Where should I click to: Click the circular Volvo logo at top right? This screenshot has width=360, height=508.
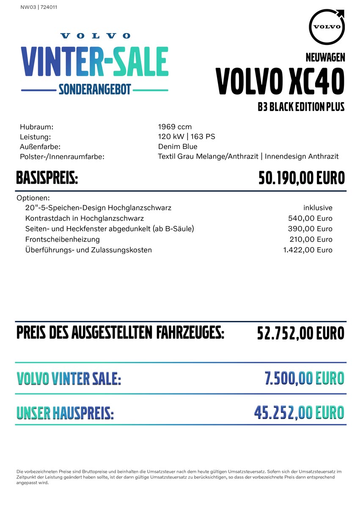(327, 26)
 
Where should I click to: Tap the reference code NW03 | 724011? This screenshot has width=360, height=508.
(39, 7)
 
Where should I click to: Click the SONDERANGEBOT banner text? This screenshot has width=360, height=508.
(95, 89)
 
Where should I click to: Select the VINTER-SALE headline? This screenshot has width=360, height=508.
(95, 62)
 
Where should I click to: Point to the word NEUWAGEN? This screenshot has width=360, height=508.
(325, 58)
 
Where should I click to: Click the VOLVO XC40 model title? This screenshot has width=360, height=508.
(280, 81)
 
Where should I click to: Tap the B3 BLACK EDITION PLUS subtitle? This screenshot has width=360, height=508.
(301, 107)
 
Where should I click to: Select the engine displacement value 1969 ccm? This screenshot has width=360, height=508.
(175, 127)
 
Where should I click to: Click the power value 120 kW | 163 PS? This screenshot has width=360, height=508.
(187, 136)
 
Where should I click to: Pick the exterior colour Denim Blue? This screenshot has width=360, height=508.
(178, 146)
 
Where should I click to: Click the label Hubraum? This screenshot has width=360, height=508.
(37, 127)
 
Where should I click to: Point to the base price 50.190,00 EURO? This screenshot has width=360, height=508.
(302, 178)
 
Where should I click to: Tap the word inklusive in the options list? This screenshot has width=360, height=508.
(318, 208)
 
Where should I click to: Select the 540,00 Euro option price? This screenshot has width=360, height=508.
(310, 218)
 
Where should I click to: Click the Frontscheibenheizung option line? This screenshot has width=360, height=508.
(63, 239)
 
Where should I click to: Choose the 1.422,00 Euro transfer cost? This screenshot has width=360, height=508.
(308, 250)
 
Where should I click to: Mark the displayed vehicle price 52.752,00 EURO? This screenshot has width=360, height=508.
(301, 333)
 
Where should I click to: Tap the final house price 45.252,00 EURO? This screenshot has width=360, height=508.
(299, 412)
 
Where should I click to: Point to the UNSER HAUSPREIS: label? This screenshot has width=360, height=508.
(65, 413)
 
